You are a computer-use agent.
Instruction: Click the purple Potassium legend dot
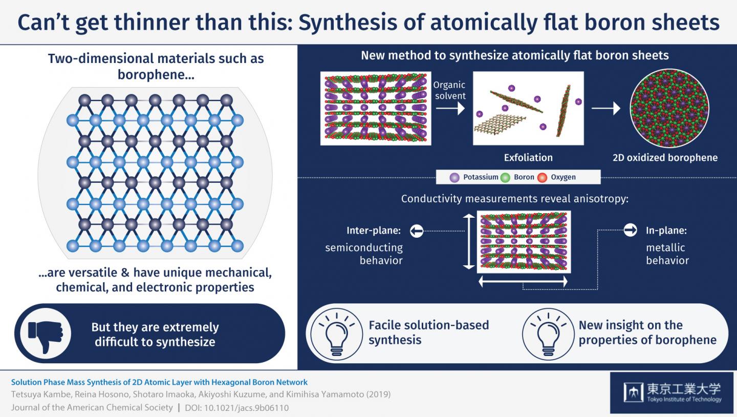pyautogui.click(x=453, y=177)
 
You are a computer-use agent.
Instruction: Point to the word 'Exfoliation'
pyautogui.click(x=528, y=157)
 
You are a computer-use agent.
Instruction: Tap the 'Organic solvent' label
pyautogui.click(x=449, y=90)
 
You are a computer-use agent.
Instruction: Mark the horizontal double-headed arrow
pyautogui.click(x=523, y=281)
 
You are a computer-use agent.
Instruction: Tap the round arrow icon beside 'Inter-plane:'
pyautogui.click(x=417, y=232)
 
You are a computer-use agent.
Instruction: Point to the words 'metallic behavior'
pyautogui.click(x=667, y=254)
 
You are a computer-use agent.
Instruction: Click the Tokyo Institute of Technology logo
pyautogui.click(x=673, y=392)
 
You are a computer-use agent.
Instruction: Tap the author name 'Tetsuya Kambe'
pyautogui.click(x=37, y=394)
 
